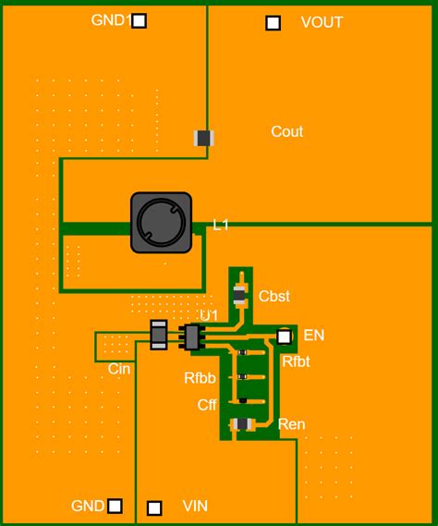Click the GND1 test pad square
click(x=139, y=20)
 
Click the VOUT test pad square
click(x=273, y=23)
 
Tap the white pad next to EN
click(x=285, y=337)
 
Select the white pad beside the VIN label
click(x=154, y=508)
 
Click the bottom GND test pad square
click(x=115, y=506)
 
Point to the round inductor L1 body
click(x=161, y=223)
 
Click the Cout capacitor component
click(x=204, y=138)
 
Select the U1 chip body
click(x=192, y=337)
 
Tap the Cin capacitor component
click(x=158, y=335)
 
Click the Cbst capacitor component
click(x=240, y=296)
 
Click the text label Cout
click(x=286, y=132)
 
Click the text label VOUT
click(x=322, y=23)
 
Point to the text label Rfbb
click(x=200, y=377)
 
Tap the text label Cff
click(x=207, y=405)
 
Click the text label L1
click(x=221, y=225)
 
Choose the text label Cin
click(x=119, y=370)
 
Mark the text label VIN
click(x=195, y=507)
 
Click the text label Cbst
click(x=274, y=297)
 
